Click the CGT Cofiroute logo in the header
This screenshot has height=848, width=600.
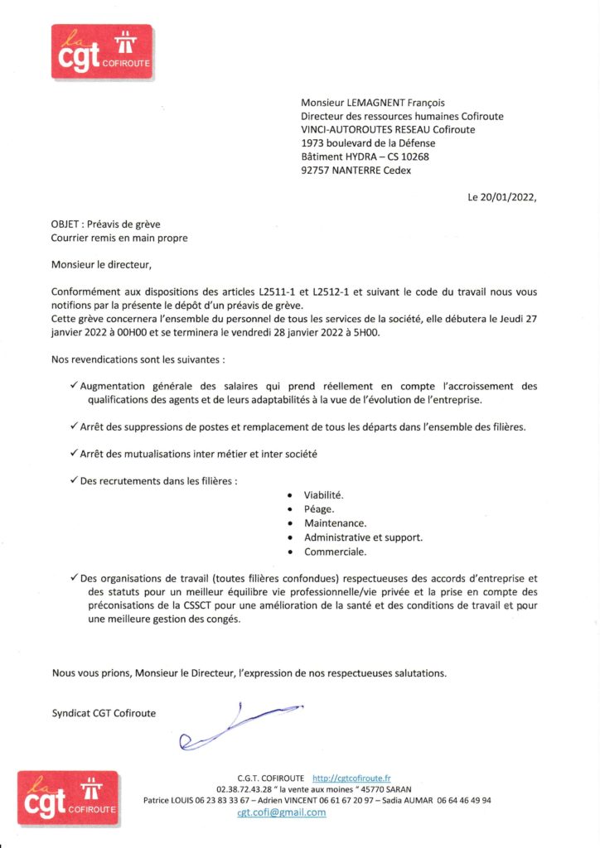pyautogui.click(x=102, y=52)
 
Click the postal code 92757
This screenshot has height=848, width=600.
pyautogui.click(x=316, y=171)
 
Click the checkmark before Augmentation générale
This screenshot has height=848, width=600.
pyautogui.click(x=75, y=385)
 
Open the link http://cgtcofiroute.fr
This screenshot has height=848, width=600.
pyautogui.click(x=351, y=778)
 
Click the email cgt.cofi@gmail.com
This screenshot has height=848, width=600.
pyautogui.click(x=282, y=812)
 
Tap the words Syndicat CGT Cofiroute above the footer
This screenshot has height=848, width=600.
pyautogui.click(x=104, y=712)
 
